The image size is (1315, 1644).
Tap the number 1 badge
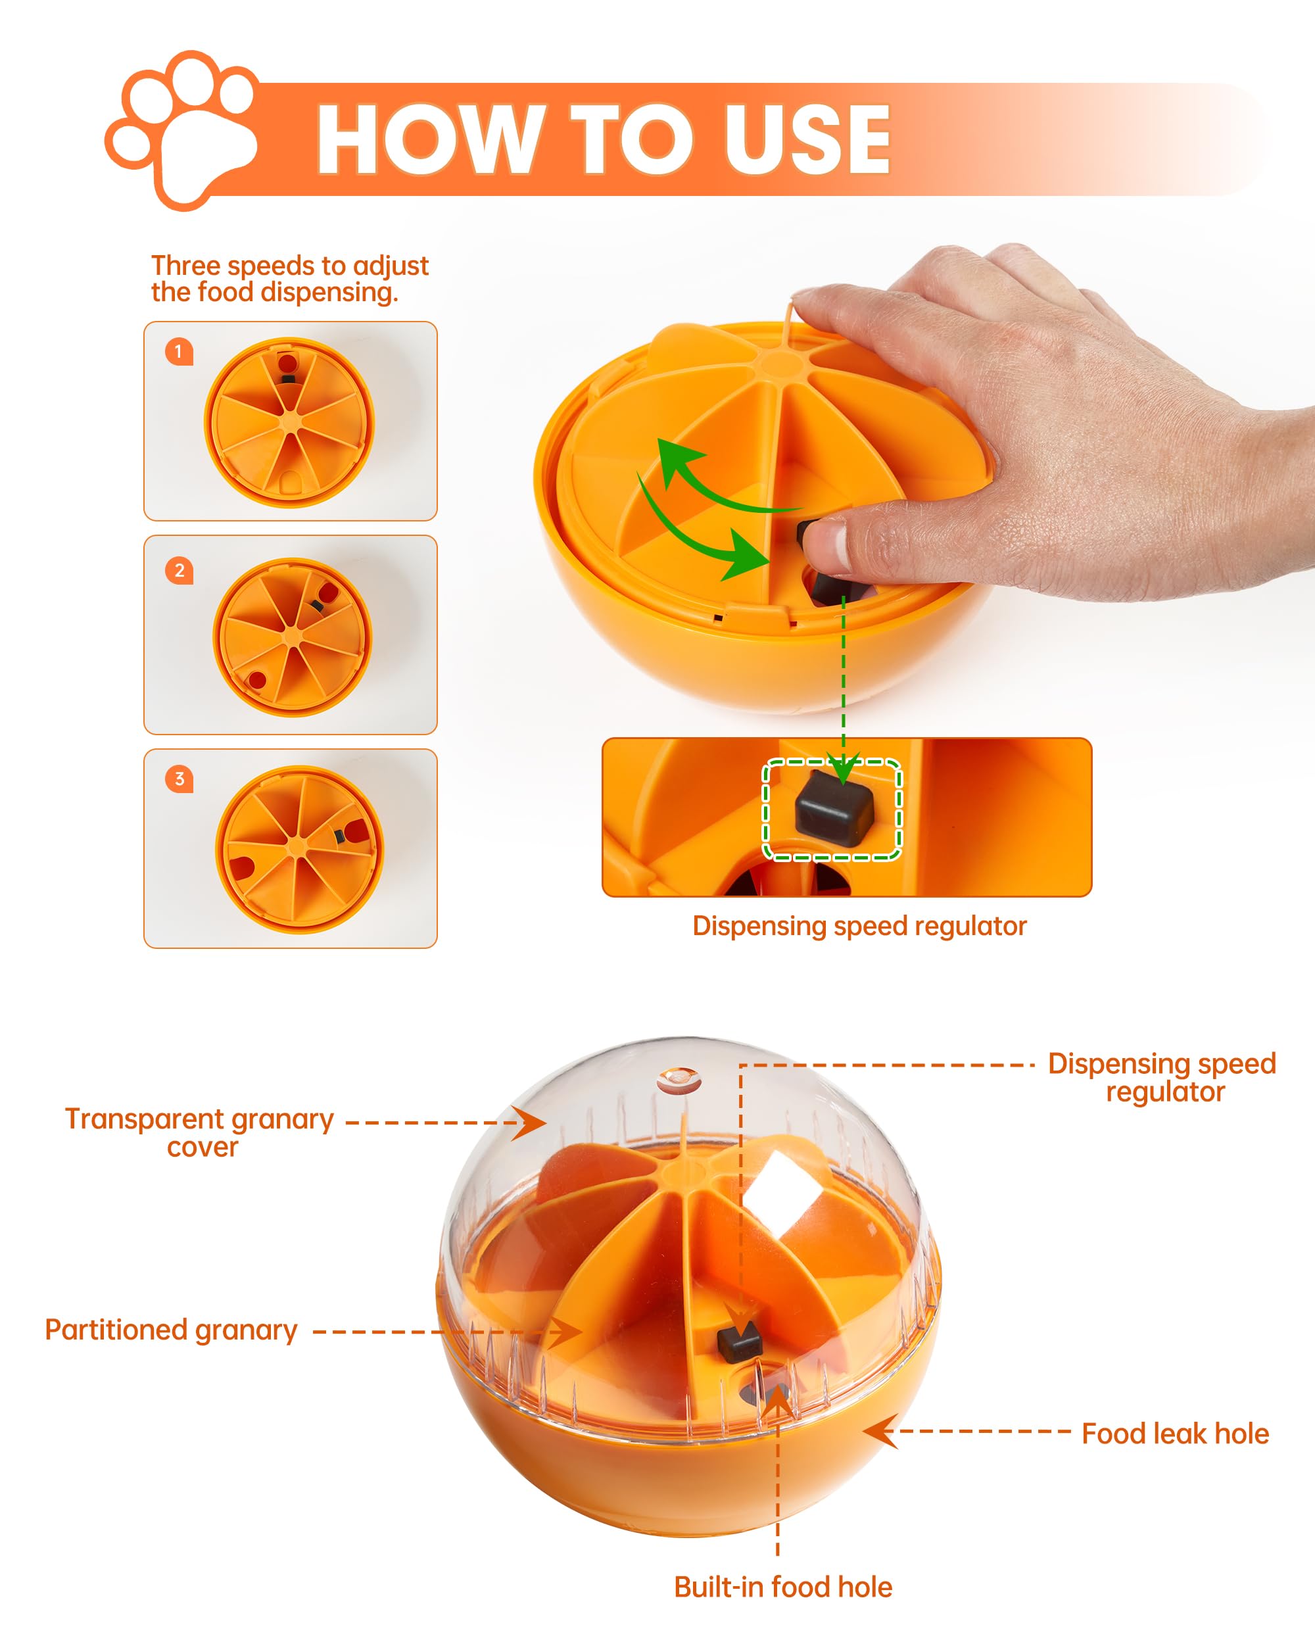coord(179,352)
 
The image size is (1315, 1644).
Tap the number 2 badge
coord(179,570)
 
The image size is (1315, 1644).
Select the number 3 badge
coord(179,779)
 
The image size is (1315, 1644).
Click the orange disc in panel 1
coord(289,422)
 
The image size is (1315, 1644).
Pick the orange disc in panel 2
coord(292,637)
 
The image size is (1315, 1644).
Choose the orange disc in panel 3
coord(299,850)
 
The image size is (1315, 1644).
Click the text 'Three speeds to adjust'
coord(290,266)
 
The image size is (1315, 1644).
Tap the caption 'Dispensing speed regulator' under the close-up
coord(859,926)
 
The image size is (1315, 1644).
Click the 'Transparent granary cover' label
coord(200,1132)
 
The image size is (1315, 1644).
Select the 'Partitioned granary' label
coord(171,1330)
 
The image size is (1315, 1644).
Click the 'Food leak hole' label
coord(1176,1434)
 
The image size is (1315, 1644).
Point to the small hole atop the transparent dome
coord(678,1080)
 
